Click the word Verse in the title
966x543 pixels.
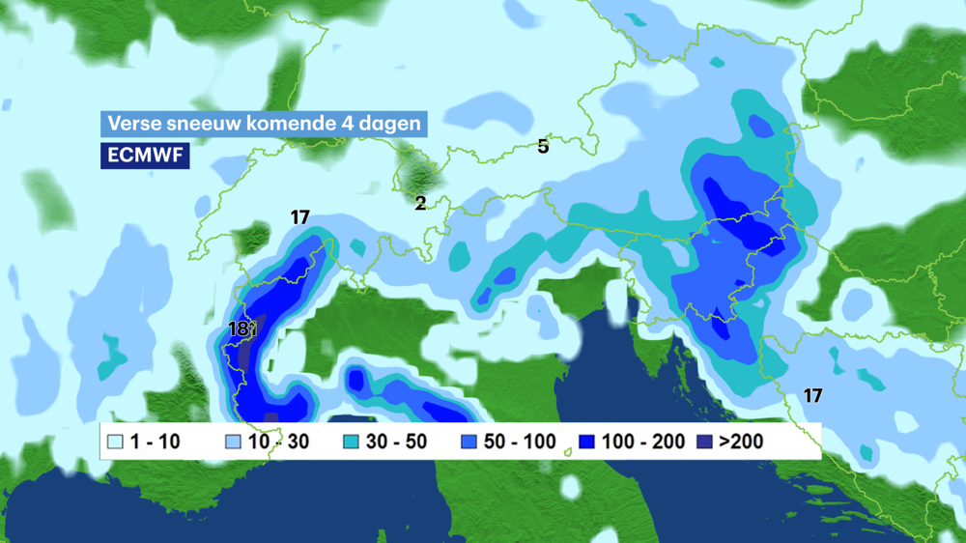131,124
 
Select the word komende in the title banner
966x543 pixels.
279,124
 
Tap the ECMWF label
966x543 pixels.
145,155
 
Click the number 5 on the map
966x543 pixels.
543,147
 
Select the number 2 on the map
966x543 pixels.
420,203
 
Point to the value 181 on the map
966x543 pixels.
242,329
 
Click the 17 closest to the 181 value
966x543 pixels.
299,217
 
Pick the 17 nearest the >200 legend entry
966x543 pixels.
812,395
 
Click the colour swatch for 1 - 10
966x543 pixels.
115,443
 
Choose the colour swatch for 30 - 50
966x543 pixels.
352,443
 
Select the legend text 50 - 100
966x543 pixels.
520,443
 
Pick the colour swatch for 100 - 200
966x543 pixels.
586,443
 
